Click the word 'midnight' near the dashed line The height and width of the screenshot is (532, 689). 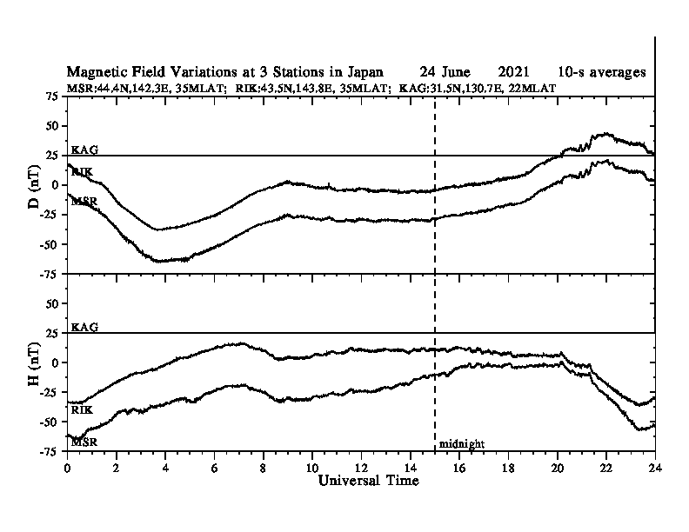pyautogui.click(x=461, y=444)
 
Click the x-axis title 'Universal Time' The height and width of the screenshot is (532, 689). pyautogui.click(x=368, y=480)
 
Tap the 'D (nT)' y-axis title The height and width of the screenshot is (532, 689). pyautogui.click(x=34, y=186)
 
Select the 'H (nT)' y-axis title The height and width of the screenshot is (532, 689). pyautogui.click(x=34, y=364)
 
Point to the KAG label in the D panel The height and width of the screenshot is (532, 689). pyautogui.click(x=84, y=150)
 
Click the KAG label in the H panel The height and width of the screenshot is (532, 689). pyautogui.click(x=84, y=327)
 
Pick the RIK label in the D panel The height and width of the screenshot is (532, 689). pyautogui.click(x=82, y=171)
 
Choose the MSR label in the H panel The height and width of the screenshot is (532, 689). pyautogui.click(x=84, y=442)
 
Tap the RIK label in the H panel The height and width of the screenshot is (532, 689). pyautogui.click(x=82, y=410)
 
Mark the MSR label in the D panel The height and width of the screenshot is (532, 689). pyautogui.click(x=84, y=202)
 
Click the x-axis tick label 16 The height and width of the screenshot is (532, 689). pyautogui.click(x=458, y=468)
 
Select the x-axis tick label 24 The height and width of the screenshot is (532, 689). pyautogui.click(x=655, y=468)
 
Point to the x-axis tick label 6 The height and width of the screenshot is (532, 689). pyautogui.click(x=214, y=468)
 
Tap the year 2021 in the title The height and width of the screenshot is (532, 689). pyautogui.click(x=513, y=71)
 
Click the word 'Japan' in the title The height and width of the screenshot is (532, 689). pyautogui.click(x=365, y=72)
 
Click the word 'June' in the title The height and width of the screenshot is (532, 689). pyautogui.click(x=456, y=71)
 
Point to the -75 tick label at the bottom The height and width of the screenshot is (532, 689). pyautogui.click(x=50, y=451)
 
